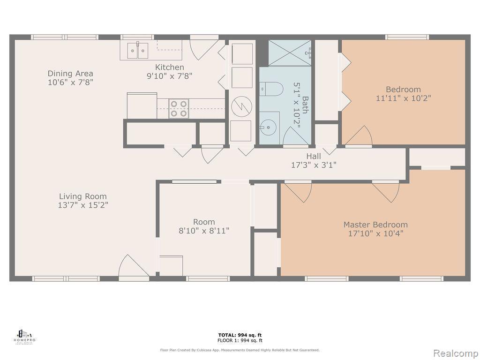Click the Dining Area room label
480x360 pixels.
(70, 73)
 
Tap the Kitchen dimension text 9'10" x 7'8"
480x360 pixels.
(170, 75)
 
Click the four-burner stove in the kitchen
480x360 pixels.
(179, 108)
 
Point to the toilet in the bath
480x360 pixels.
(271, 89)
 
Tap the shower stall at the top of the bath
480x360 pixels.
(289, 52)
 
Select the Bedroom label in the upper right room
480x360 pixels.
(403, 90)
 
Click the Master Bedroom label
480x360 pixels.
(375, 225)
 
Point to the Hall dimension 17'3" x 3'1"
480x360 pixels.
(314, 165)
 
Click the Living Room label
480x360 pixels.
(83, 196)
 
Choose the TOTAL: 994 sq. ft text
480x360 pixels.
(240, 335)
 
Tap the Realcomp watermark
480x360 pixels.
(454, 352)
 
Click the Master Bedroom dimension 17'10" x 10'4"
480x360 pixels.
(375, 233)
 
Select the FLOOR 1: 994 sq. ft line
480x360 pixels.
(240, 340)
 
